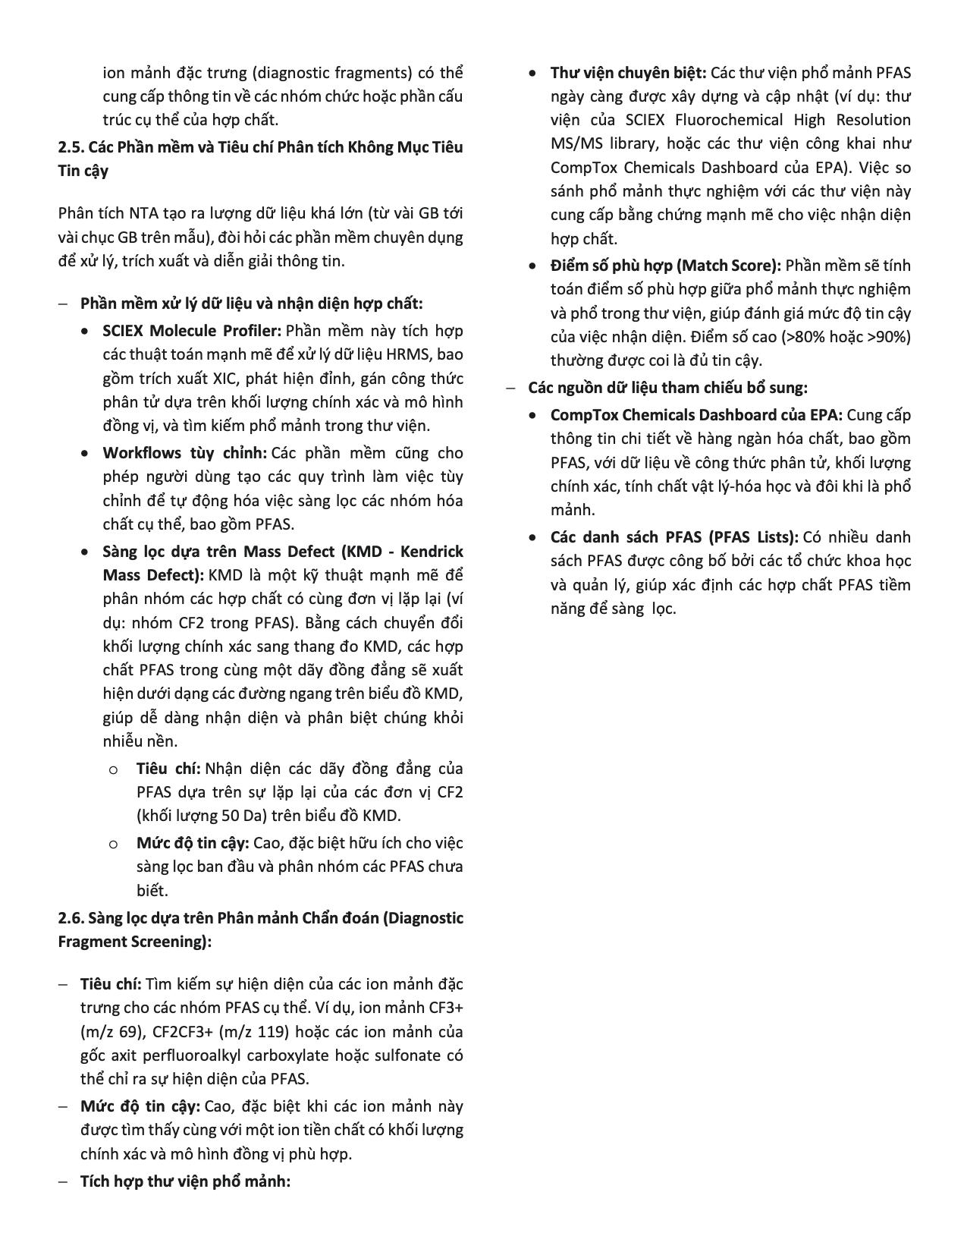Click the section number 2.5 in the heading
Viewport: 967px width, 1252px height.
70,147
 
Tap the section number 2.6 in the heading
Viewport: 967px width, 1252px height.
70,918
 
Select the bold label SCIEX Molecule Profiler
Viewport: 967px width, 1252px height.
192,331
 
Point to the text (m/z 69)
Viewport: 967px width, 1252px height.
105,1032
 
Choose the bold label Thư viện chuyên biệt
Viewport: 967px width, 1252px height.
628,73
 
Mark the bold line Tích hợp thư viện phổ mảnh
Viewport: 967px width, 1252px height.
185,1181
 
